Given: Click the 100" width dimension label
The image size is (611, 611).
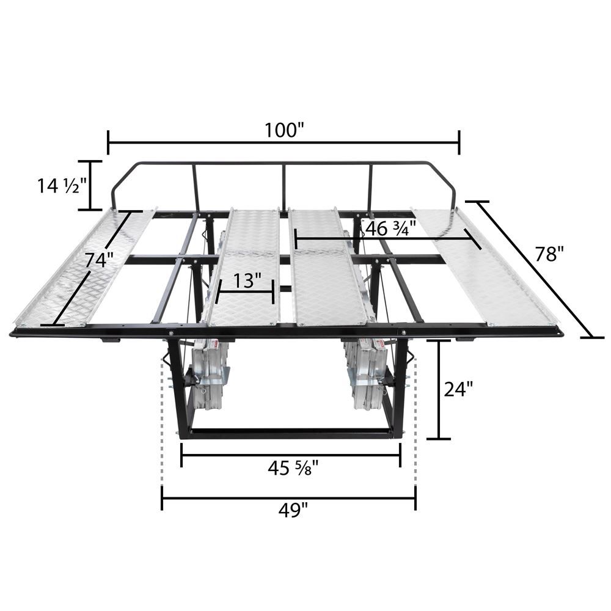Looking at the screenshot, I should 284,130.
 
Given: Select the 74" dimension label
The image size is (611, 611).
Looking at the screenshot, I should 100,260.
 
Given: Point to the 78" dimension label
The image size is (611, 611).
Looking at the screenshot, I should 548,254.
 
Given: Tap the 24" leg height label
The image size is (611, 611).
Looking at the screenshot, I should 458,389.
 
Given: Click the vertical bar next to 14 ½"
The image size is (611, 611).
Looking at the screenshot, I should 90,185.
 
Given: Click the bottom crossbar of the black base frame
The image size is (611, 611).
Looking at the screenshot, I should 291,433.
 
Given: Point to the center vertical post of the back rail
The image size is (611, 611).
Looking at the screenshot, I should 284,186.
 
